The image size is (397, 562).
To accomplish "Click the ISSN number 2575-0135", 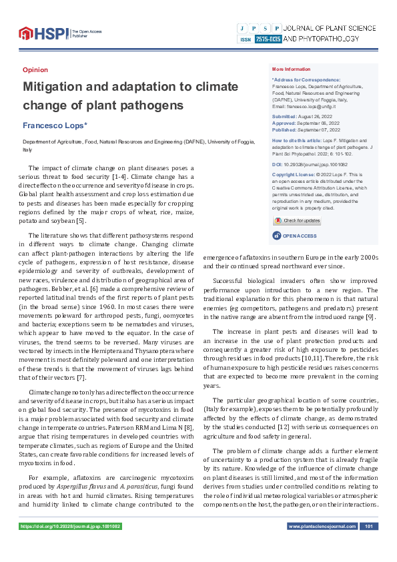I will coord(268,39).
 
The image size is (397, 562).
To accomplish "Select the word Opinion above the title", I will coord(35,69).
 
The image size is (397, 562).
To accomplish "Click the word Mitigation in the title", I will coord(58,86).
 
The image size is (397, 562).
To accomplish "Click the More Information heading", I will coord(291,69).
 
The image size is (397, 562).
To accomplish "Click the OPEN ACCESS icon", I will coord(277,236).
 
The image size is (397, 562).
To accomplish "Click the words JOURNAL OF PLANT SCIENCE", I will coord(330,28).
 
